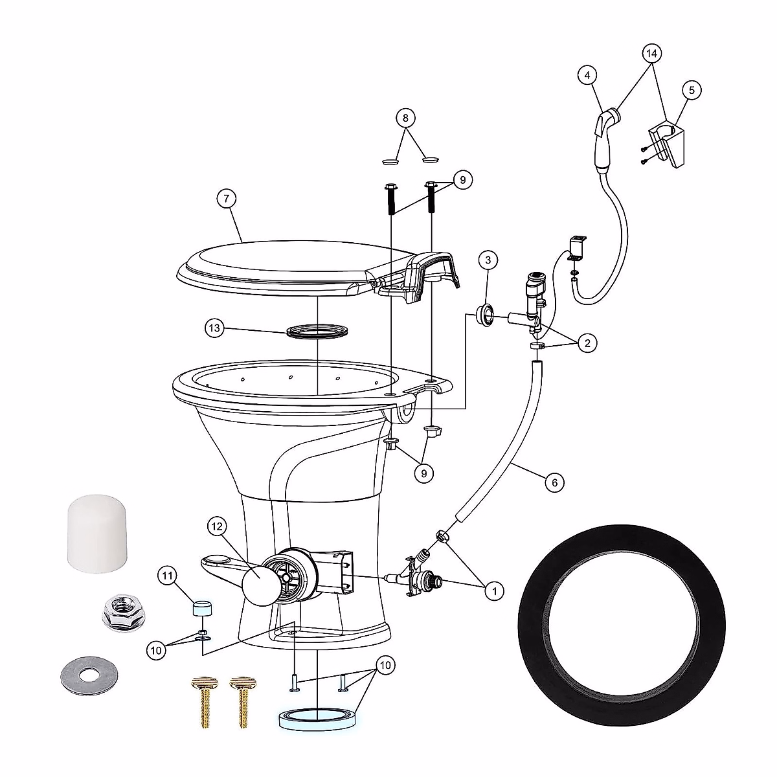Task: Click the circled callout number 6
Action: coord(554,482)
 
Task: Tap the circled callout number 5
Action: coord(691,90)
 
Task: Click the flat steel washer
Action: coord(89,675)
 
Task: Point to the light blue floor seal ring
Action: coord(318,719)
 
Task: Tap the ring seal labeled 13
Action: coord(318,332)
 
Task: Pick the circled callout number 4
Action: coord(587,76)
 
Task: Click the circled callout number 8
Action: coord(405,118)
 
